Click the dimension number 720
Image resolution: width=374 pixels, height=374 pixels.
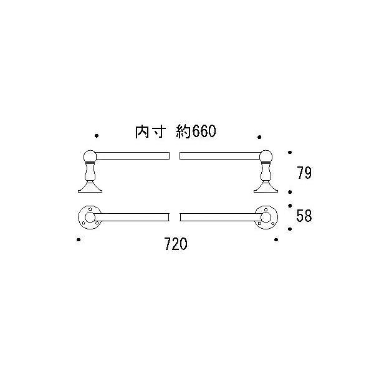click(176, 244)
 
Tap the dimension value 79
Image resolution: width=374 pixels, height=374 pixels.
click(304, 173)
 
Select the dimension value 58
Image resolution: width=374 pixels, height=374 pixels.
click(304, 216)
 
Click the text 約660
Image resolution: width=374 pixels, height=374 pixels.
click(196, 131)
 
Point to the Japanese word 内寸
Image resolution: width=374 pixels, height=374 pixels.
click(150, 132)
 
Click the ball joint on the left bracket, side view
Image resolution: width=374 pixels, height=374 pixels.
click(90, 156)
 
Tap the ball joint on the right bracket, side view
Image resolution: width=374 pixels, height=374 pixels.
click(266, 156)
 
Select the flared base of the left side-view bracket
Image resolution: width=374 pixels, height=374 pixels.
click(90, 187)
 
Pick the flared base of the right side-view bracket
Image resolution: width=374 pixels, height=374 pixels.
click(266, 187)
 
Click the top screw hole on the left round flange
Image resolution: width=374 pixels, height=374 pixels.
click(90, 209)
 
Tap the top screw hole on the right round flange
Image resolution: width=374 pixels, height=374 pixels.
click(266, 209)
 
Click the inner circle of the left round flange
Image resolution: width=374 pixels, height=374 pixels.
click(90, 218)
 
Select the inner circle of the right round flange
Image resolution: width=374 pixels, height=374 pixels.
click(266, 218)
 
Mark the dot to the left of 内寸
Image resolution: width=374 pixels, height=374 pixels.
click(97, 136)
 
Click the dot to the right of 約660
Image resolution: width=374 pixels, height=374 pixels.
click(259, 137)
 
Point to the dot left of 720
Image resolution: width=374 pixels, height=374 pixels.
click(79, 239)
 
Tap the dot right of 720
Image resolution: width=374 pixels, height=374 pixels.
click(276, 239)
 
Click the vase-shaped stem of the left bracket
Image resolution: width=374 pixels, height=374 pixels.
click(90, 172)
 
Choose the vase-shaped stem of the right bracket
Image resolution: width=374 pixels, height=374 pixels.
click(266, 172)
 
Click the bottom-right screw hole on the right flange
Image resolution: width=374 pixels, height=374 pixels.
click(272, 223)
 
